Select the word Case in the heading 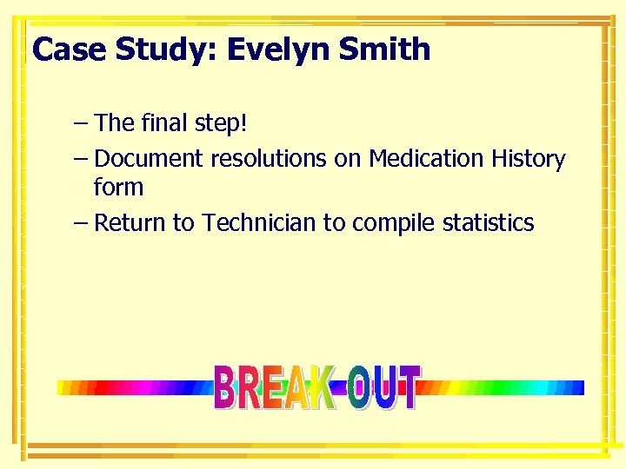click(70, 50)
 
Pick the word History click(528, 160)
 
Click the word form click(118, 187)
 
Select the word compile click(393, 224)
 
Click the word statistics click(488, 223)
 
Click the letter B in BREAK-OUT click(224, 388)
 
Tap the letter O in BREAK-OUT click(357, 390)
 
